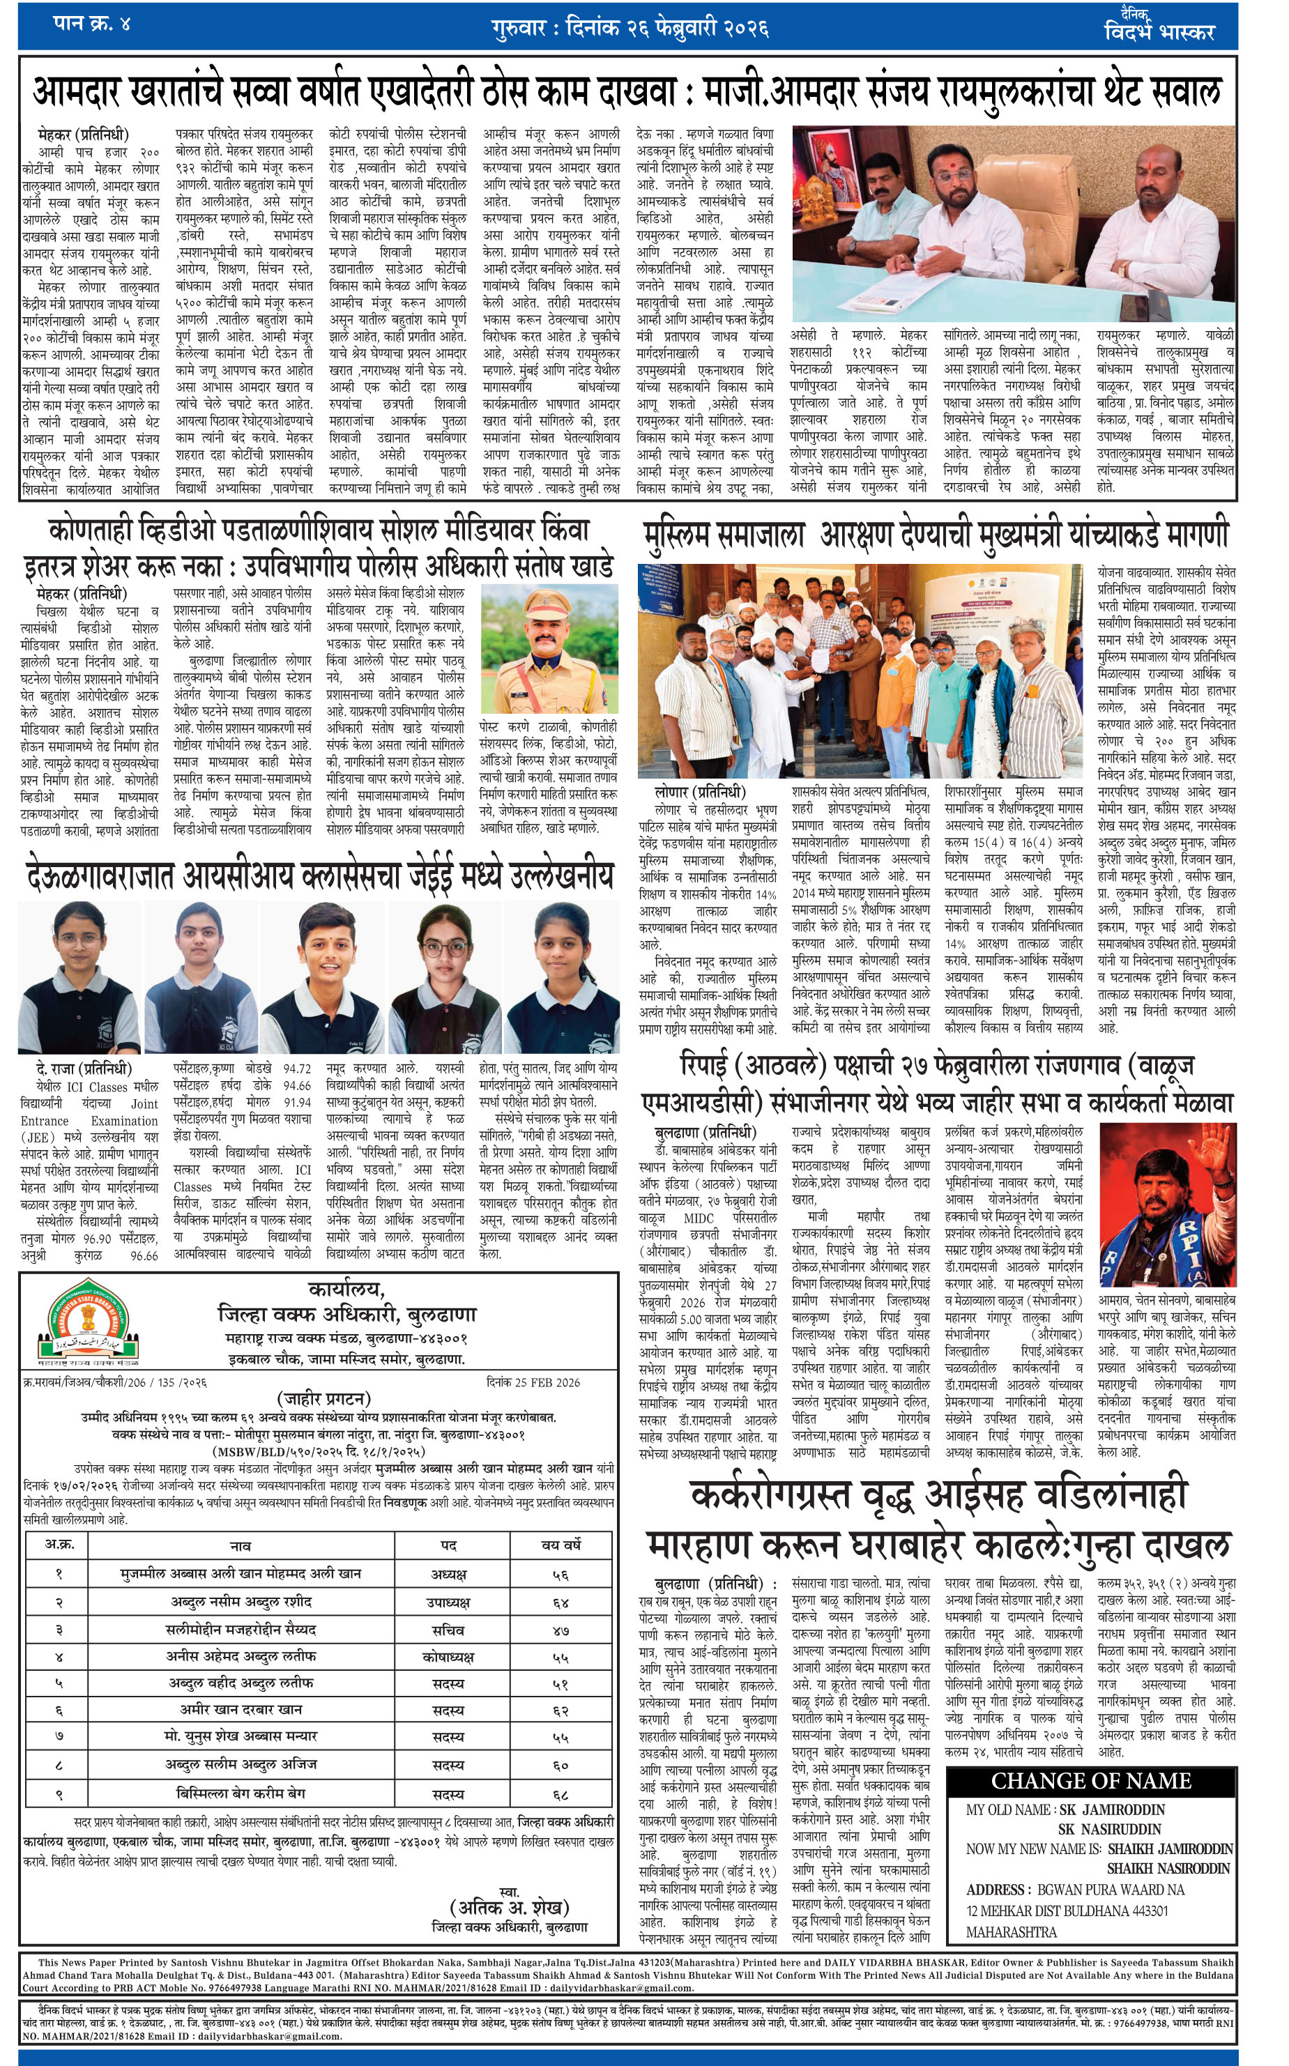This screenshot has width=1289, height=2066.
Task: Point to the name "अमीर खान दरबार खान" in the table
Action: [241, 1711]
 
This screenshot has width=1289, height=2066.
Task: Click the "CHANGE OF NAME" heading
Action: [1090, 1782]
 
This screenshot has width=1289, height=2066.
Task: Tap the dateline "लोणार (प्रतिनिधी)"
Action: [700, 792]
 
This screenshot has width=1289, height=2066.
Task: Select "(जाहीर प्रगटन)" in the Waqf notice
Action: [324, 1399]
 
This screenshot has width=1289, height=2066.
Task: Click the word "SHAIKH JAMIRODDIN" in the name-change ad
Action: [1170, 1849]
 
